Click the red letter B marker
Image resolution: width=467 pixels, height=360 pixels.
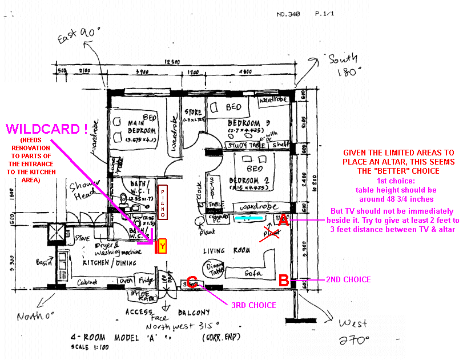point(283,280)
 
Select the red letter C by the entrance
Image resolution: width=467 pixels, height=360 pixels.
point(192,282)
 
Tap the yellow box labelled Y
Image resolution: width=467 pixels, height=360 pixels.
point(162,246)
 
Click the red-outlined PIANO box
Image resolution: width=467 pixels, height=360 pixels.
point(162,202)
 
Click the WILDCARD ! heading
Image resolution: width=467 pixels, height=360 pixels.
point(46,129)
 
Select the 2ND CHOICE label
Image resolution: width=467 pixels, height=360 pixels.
point(348,279)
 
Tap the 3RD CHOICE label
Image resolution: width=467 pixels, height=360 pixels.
point(253,305)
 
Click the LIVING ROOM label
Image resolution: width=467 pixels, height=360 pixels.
point(223,251)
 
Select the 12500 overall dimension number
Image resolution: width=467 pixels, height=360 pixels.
point(173,62)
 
